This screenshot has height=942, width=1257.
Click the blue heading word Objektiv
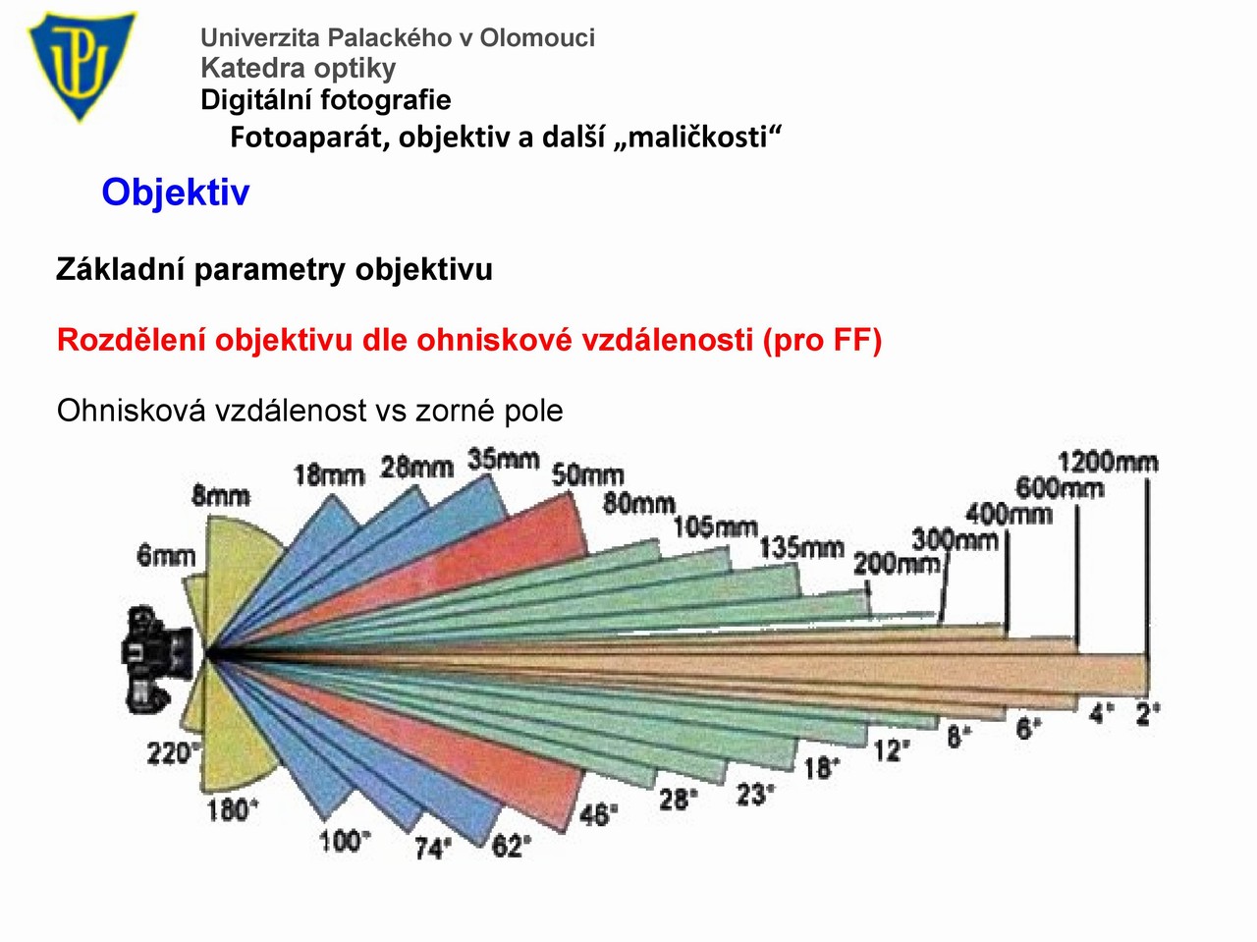pos(176,193)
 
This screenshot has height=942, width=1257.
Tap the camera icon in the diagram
pos(157,660)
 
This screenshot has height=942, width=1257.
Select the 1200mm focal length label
pos(1108,462)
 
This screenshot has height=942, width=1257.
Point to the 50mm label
pos(588,475)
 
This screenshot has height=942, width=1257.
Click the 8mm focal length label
pos(221,496)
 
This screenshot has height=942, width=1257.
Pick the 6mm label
pos(166,556)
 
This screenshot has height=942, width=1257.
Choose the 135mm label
pos(801,548)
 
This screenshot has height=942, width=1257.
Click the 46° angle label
pos(599,814)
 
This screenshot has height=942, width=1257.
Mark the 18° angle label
pos(822,768)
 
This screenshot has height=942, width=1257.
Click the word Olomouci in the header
pos(537,37)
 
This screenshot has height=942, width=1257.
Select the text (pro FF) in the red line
pos(822,340)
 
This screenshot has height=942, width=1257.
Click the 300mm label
pos(956,539)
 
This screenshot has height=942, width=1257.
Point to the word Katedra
pos(253,68)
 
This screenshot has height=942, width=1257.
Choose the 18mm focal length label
pos(329,475)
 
